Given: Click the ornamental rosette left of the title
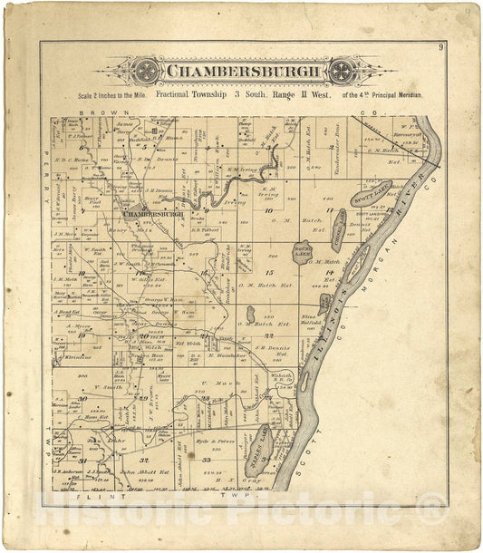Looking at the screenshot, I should click(x=143, y=72).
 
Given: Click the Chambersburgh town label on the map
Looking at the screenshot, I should click(x=156, y=215).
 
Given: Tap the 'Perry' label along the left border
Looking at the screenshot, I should click(x=43, y=182).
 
